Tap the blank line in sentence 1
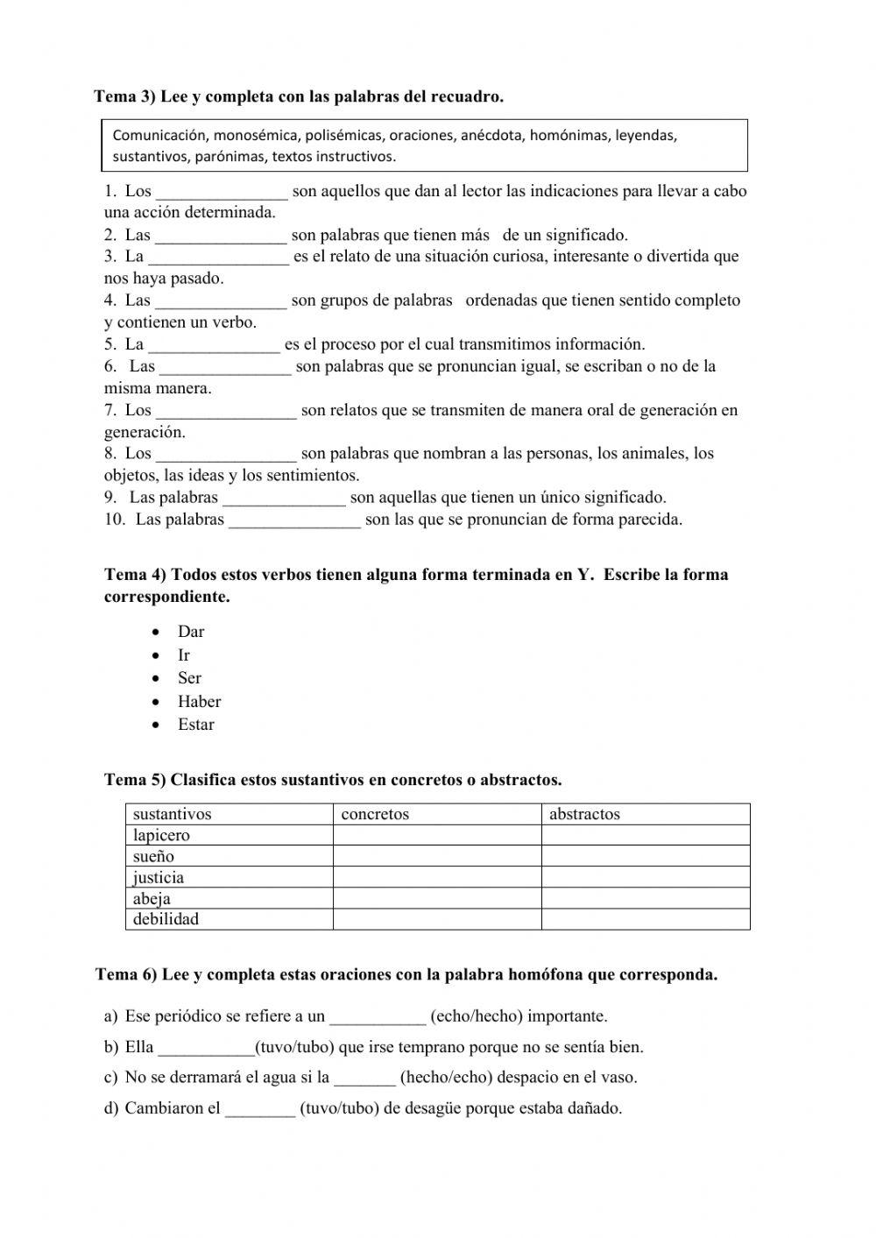coord(222,193)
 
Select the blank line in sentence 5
coord(214,346)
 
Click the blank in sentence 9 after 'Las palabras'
coord(285,499)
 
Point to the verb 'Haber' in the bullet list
coord(199,701)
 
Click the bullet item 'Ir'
coord(184,655)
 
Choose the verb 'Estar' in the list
coord(196,725)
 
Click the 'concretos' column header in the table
coord(375,814)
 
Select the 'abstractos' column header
coord(584,814)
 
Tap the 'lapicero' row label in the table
coord(161,835)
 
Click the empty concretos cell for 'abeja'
coord(436,898)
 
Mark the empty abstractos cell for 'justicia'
coord(645,877)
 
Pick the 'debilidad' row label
coord(166,919)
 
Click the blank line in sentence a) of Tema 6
coord(378,1018)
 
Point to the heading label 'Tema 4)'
coord(135,576)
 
